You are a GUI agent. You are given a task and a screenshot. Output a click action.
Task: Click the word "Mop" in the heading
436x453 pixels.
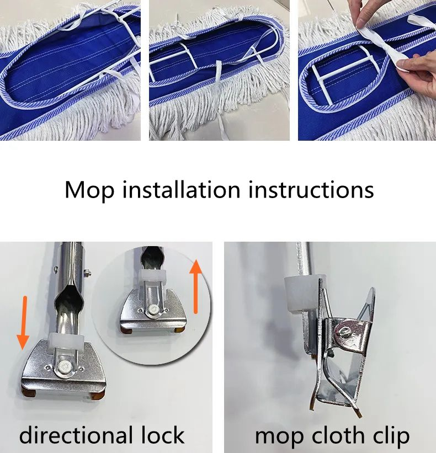tap(89, 190)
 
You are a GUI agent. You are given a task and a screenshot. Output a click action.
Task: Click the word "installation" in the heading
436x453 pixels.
tap(181, 189)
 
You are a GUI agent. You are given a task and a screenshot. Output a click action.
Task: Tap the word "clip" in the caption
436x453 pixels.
tap(390, 436)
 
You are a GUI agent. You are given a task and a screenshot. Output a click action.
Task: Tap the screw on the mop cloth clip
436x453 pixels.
tap(343, 332)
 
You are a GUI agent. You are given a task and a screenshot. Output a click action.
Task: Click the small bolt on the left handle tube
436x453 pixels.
tap(87, 271)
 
